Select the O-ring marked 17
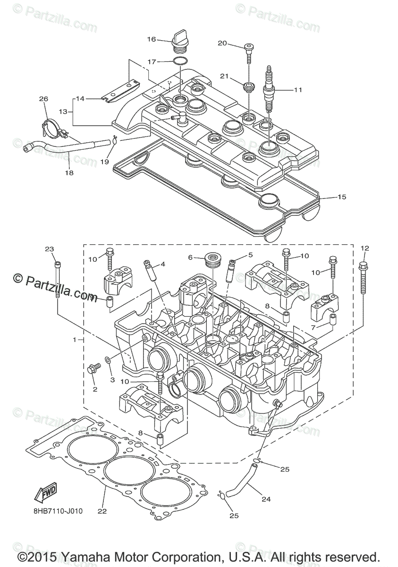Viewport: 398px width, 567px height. tap(180, 61)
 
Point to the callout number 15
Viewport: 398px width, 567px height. tap(342, 197)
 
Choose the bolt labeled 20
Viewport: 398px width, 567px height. tap(248, 54)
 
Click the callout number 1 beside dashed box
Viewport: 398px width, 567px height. tap(74, 340)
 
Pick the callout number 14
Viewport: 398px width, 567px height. tap(80, 99)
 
